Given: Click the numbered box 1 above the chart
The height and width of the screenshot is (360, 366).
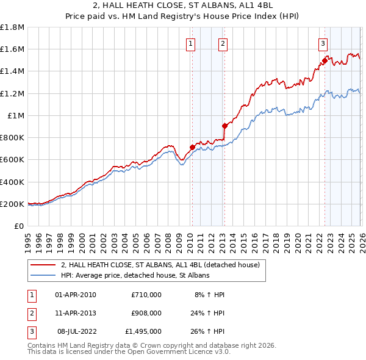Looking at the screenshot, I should point(191,43).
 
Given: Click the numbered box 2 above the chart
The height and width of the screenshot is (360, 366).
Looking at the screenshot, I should point(223,43).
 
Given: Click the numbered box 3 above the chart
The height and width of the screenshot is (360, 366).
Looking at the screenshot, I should point(323,43).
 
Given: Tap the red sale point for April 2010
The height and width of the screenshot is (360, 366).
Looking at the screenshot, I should point(192,147).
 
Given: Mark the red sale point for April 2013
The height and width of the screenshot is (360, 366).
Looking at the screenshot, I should point(224,126).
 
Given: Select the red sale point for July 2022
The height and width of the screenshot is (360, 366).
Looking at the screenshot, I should point(325,60).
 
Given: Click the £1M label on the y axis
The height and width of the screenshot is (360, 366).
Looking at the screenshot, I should point(16,115).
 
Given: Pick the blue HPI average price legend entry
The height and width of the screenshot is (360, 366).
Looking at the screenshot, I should point(134,275).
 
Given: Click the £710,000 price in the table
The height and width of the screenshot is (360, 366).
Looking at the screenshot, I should point(146,295).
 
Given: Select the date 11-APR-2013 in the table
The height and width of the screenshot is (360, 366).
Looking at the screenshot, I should point(76,313).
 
